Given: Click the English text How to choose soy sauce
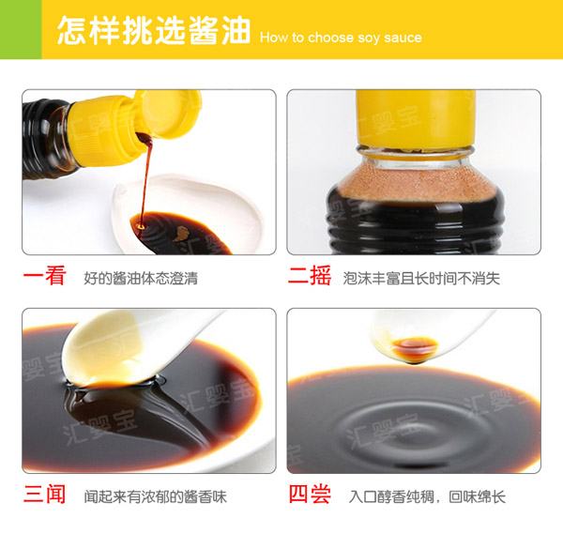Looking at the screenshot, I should click(x=341, y=38).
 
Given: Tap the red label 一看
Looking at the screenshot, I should click(x=44, y=277).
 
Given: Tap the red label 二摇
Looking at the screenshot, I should click(x=310, y=277).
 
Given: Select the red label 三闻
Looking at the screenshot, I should click(x=44, y=495).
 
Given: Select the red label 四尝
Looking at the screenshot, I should click(x=310, y=495).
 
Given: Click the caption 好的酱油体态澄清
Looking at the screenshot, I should click(x=141, y=279).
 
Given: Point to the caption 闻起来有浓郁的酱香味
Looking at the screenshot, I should click(x=155, y=496).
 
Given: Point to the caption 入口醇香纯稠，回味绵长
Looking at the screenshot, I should click(x=427, y=496).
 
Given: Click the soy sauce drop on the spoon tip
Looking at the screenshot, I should click(x=410, y=349).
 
